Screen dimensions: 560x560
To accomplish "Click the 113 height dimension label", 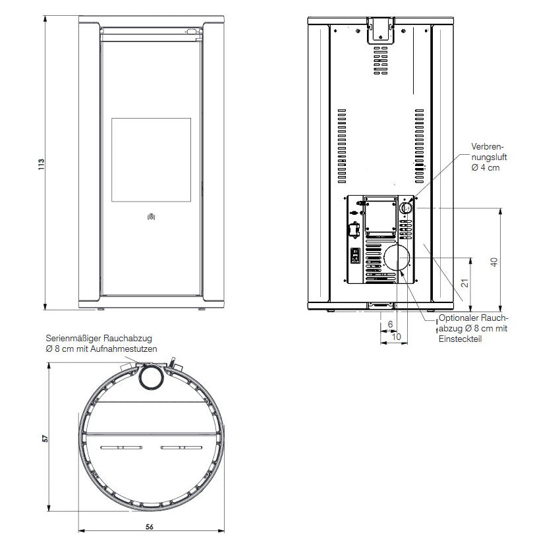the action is pyautogui.click(x=42, y=164).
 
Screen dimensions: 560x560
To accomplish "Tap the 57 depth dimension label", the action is pyautogui.click(x=45, y=438).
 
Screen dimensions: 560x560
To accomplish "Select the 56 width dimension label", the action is pyautogui.click(x=150, y=527).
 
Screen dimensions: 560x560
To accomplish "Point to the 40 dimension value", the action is pyautogui.click(x=494, y=262).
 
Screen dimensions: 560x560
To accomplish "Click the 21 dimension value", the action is pyautogui.click(x=464, y=283).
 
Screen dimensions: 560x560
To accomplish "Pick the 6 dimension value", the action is pyautogui.click(x=390, y=324).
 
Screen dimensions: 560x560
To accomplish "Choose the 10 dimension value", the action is pyautogui.click(x=396, y=337).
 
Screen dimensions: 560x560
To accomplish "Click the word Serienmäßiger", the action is pyautogui.click(x=72, y=338).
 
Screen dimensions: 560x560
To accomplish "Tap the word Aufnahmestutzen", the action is pyautogui.click(x=124, y=349).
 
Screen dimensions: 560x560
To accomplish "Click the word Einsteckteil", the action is pyautogui.click(x=460, y=339).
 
